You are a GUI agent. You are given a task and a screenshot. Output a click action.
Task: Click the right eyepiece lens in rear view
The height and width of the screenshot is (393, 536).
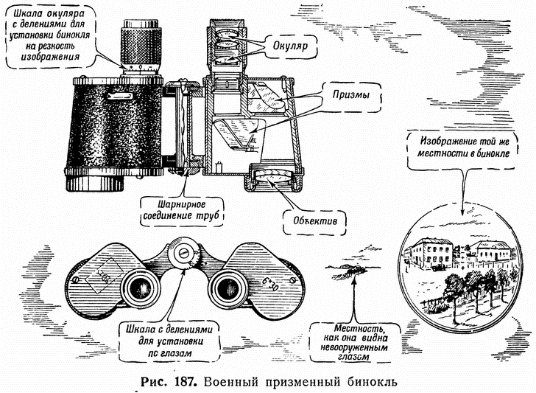[227, 285]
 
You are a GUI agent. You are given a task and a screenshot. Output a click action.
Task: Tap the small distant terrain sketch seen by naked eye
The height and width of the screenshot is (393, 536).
[352, 271]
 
